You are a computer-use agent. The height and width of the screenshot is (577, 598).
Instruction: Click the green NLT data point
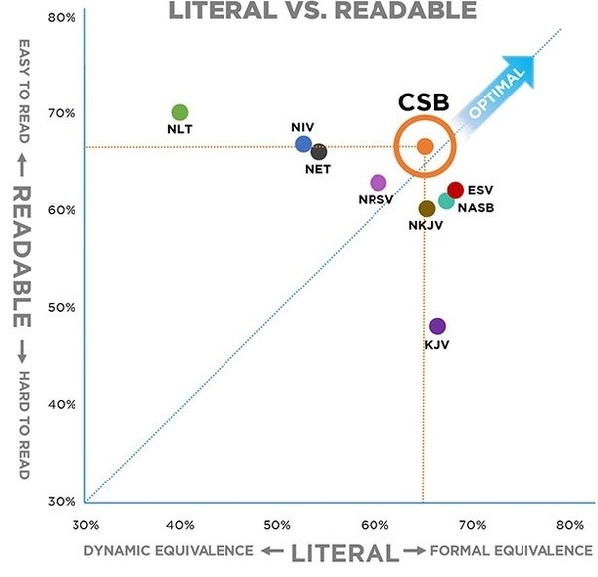[180, 112]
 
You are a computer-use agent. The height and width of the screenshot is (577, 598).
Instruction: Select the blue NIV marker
[304, 144]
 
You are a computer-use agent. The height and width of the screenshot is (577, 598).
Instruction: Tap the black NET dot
[319, 152]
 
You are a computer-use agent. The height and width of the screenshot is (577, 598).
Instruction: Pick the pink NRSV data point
[377, 183]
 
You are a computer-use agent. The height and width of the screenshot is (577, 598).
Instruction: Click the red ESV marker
[456, 190]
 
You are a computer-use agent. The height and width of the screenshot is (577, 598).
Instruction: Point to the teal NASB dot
[446, 201]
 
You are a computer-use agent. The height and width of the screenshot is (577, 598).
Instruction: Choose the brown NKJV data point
[427, 209]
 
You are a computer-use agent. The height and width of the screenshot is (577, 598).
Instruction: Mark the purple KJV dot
[437, 326]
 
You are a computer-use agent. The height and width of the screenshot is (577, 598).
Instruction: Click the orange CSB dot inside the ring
[424, 146]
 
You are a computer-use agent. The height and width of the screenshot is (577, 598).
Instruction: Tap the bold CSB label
[424, 102]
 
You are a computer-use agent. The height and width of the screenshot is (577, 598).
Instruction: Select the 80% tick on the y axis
[63, 17]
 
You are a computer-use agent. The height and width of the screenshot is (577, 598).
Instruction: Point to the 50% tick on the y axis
[63, 307]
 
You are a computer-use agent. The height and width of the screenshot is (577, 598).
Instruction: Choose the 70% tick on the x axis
[473, 524]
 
